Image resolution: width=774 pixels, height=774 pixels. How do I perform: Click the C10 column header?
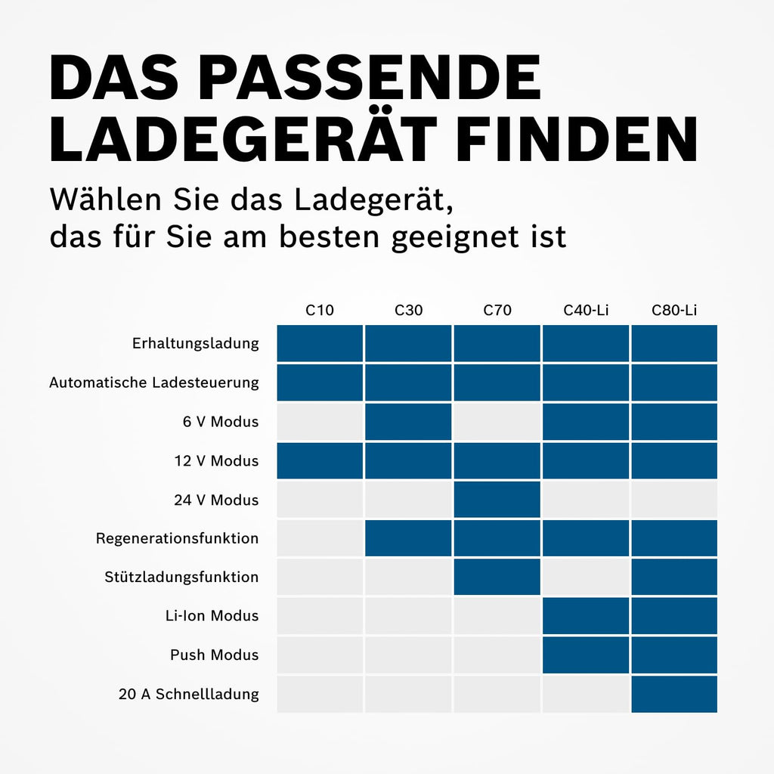320,310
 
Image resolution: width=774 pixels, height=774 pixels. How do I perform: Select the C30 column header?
408,310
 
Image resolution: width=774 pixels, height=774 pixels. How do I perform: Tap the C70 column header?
497,310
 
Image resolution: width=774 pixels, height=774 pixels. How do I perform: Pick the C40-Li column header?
586,310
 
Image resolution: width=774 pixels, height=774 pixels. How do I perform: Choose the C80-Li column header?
674,310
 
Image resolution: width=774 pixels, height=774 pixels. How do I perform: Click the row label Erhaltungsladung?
195,343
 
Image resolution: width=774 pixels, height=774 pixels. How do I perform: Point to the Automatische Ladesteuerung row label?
154,382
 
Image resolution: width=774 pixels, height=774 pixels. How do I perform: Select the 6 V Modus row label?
221,422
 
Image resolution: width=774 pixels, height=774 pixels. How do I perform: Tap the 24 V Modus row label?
216,500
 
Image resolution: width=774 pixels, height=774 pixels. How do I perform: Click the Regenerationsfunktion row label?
177,539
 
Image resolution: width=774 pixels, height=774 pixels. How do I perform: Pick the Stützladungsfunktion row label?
181,577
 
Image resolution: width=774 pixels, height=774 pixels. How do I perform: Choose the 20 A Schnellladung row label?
188,694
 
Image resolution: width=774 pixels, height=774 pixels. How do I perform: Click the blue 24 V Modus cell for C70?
497,500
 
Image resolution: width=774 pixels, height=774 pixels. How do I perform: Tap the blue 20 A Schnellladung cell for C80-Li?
674,694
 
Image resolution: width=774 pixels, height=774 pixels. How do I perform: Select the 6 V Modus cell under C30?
408,422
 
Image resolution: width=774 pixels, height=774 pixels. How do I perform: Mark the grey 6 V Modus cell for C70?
497,422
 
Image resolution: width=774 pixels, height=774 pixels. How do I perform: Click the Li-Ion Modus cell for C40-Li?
586,616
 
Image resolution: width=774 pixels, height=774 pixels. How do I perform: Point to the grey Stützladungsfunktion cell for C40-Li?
586,577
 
